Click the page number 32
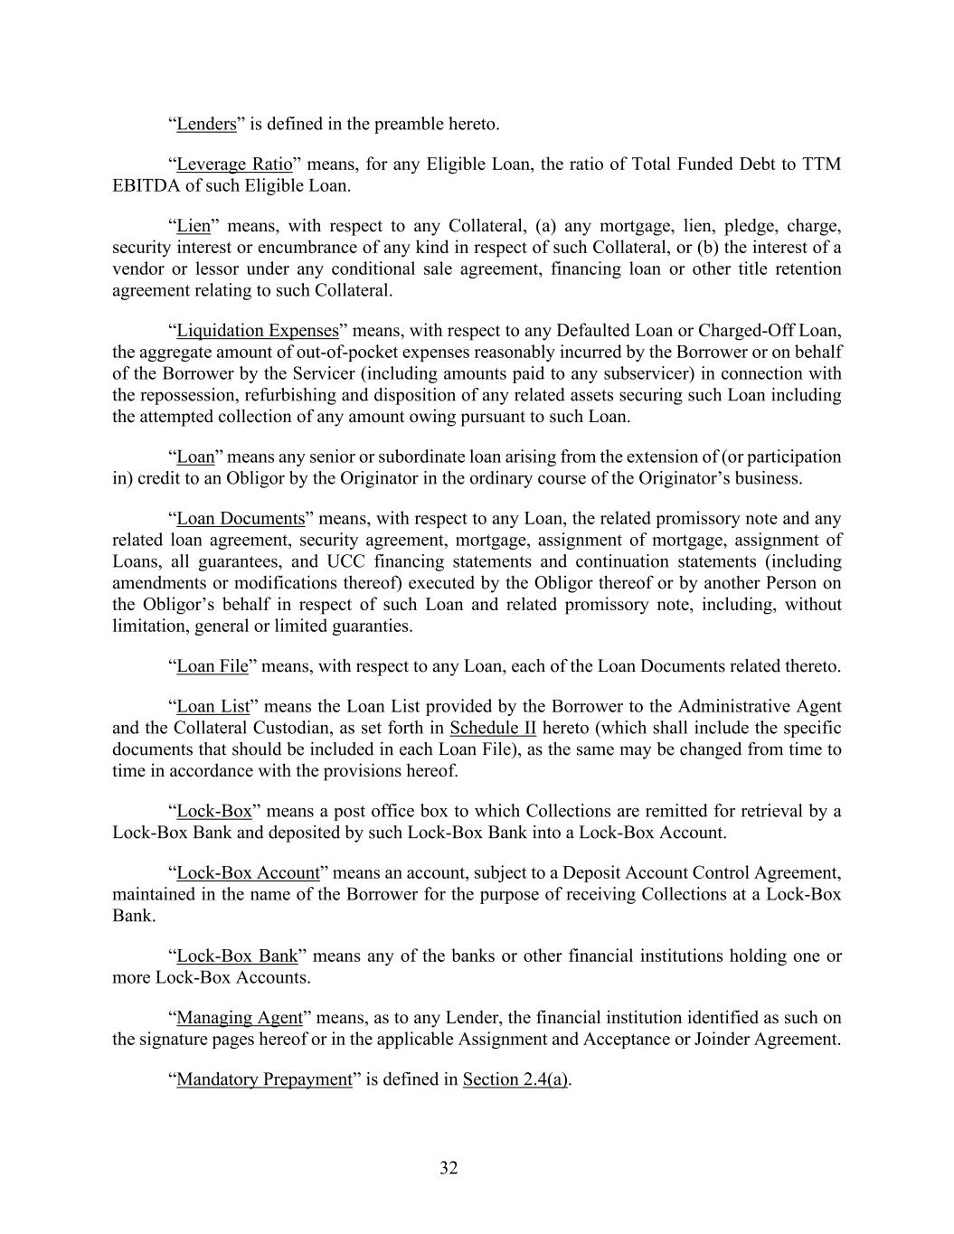pos(449,1168)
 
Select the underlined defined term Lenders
pos(206,124)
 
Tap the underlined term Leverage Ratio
pos(234,165)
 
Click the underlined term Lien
pos(193,226)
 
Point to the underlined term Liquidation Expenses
pos(257,331)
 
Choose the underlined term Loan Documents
pos(241,519)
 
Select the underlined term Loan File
pos(212,667)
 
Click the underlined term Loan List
pos(213,707)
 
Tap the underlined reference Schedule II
pos(493,729)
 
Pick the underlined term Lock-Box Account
pos(248,873)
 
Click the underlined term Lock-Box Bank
pos(237,956)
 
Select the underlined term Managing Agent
pos(239,1018)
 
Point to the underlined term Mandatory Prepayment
pos(264,1079)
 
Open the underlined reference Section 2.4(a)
pos(515,1079)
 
